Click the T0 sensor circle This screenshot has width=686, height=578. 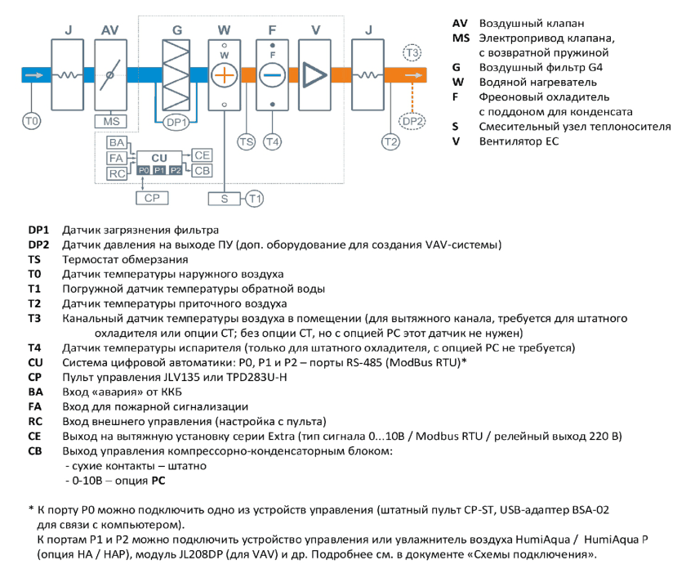pyautogui.click(x=32, y=121)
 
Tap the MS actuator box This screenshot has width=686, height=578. pyautogui.click(x=111, y=121)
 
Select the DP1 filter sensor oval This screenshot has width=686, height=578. pyautogui.click(x=176, y=123)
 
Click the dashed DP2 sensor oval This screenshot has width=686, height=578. pyautogui.click(x=412, y=121)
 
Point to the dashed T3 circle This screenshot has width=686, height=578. pyautogui.click(x=412, y=53)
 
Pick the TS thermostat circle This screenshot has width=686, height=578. pyautogui.click(x=247, y=142)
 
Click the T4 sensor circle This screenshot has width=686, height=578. pyautogui.click(x=272, y=142)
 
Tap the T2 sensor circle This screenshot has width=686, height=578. pyautogui.click(x=390, y=142)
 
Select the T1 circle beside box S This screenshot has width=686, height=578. pyautogui.click(x=255, y=199)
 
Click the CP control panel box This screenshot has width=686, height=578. pyautogui.click(x=152, y=198)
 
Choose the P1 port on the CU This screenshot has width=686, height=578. pyautogui.click(x=159, y=170)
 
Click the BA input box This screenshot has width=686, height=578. pyautogui.click(x=116, y=143)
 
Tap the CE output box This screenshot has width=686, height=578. pyautogui.click(x=203, y=155)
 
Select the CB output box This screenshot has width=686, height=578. pyautogui.click(x=203, y=171)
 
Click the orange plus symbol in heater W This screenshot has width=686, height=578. pyautogui.click(x=224, y=75)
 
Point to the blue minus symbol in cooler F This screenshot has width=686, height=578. pyautogui.click(x=272, y=75)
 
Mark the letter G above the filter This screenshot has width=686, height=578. pyautogui.click(x=176, y=30)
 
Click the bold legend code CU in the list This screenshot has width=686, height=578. pyautogui.click(x=35, y=362)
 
